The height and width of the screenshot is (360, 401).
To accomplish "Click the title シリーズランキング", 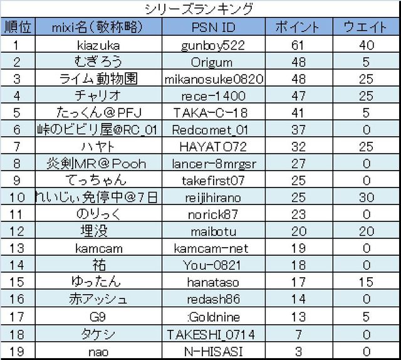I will [199, 9].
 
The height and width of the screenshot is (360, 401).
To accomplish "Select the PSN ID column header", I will [213, 27].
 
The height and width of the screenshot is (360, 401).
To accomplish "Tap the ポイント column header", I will [298, 27].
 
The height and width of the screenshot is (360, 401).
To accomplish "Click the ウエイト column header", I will [365, 27].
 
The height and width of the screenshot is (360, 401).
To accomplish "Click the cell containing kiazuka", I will [97, 45].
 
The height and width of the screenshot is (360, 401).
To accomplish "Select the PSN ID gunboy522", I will [213, 45].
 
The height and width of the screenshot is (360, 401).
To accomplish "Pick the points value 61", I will [298, 45].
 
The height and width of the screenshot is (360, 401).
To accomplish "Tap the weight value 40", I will [366, 45].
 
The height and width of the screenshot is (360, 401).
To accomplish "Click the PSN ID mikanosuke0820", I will [213, 79].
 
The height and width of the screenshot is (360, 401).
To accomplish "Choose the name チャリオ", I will [97, 96].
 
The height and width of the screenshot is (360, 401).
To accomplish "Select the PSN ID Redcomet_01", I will [213, 130].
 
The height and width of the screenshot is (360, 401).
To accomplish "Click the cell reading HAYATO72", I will [213, 147].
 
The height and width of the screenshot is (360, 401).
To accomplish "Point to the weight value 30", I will [366, 198].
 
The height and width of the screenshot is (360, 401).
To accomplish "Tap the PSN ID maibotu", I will [213, 231].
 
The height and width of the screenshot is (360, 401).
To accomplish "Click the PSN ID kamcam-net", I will [213, 248].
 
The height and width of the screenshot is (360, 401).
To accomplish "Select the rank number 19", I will [17, 351].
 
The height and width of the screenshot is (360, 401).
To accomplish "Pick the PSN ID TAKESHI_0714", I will [213, 334].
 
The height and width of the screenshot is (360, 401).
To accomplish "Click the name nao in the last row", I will [97, 351].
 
